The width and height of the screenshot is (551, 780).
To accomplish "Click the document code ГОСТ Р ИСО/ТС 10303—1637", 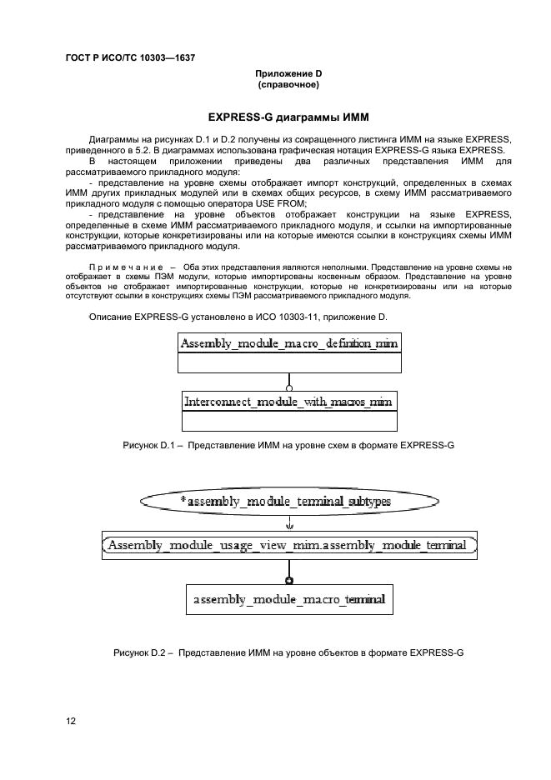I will point(123,58).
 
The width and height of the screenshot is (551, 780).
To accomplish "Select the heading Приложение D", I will point(288,74).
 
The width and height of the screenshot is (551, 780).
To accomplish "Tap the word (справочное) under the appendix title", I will point(288,85).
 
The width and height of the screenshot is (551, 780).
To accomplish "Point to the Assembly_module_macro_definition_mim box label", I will point(289,342).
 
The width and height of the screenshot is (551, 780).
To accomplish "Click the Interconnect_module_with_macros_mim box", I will point(288,402).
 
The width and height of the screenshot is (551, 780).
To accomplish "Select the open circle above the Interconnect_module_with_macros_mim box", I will point(289,387).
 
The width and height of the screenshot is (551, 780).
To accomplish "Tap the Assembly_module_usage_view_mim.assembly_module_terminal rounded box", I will point(289,546).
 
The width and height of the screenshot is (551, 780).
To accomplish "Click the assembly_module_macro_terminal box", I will point(289,599).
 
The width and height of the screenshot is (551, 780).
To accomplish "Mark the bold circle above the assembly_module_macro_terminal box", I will point(289,580).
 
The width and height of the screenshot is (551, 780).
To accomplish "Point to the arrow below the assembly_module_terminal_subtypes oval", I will point(289,525).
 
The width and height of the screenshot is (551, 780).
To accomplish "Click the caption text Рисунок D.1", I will point(152,446).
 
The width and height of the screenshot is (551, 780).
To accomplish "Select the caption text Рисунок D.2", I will point(143,652).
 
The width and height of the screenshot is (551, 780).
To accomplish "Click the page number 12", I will point(71,721).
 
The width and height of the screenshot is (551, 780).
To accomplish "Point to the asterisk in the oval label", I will point(183,502).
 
